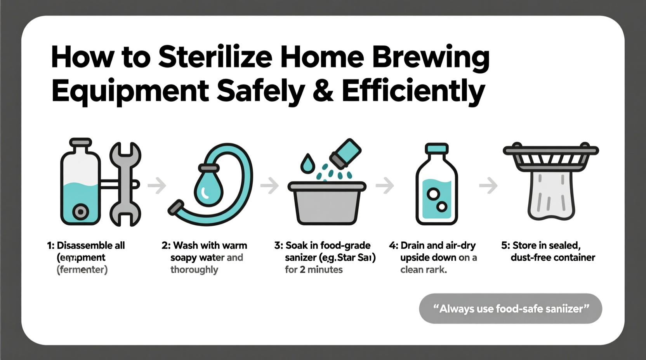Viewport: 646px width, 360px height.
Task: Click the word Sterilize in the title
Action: pyautogui.click(x=215, y=57)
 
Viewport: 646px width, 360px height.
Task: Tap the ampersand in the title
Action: pyautogui.click(x=323, y=91)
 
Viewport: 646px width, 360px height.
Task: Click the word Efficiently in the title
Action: pyautogui.click(x=413, y=91)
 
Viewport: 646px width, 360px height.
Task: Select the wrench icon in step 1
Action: pyautogui.click(x=125, y=184)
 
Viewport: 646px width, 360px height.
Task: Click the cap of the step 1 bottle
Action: pyautogui.click(x=80, y=143)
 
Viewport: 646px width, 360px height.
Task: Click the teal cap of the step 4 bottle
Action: pyautogui.click(x=437, y=148)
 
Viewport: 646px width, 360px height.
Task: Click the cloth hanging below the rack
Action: pyautogui.click(x=551, y=196)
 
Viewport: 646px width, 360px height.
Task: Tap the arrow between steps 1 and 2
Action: pyautogui.click(x=157, y=185)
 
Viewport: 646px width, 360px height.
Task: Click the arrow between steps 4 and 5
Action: pyautogui.click(x=488, y=185)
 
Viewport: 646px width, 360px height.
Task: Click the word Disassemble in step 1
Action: pyautogui.click(x=80, y=246)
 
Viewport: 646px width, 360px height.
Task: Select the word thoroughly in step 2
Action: pyautogui.click(x=194, y=270)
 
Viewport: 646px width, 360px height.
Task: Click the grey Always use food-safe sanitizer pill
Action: pyautogui.click(x=511, y=309)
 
